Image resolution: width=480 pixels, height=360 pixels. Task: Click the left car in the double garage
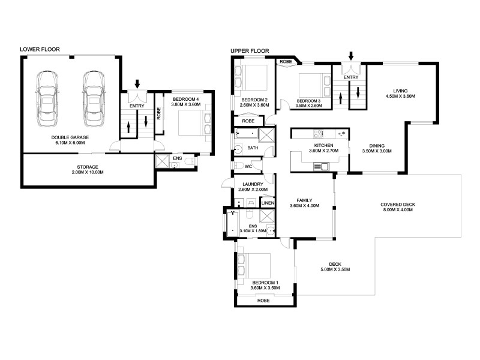pyautogui.click(x=47, y=99)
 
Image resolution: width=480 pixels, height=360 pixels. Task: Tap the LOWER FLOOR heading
pyautogui.click(x=40, y=49)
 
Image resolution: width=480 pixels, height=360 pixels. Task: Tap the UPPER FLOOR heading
pyautogui.click(x=250, y=51)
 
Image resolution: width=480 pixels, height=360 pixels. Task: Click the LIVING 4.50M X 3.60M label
pyautogui.click(x=401, y=93)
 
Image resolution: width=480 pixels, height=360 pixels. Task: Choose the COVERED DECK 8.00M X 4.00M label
pyautogui.click(x=398, y=207)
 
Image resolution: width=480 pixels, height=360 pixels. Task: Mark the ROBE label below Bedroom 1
pyautogui.click(x=263, y=300)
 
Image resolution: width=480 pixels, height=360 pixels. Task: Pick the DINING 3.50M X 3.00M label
pyautogui.click(x=377, y=148)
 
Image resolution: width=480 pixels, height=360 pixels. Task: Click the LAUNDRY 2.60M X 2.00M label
pyautogui.click(x=248, y=187)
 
